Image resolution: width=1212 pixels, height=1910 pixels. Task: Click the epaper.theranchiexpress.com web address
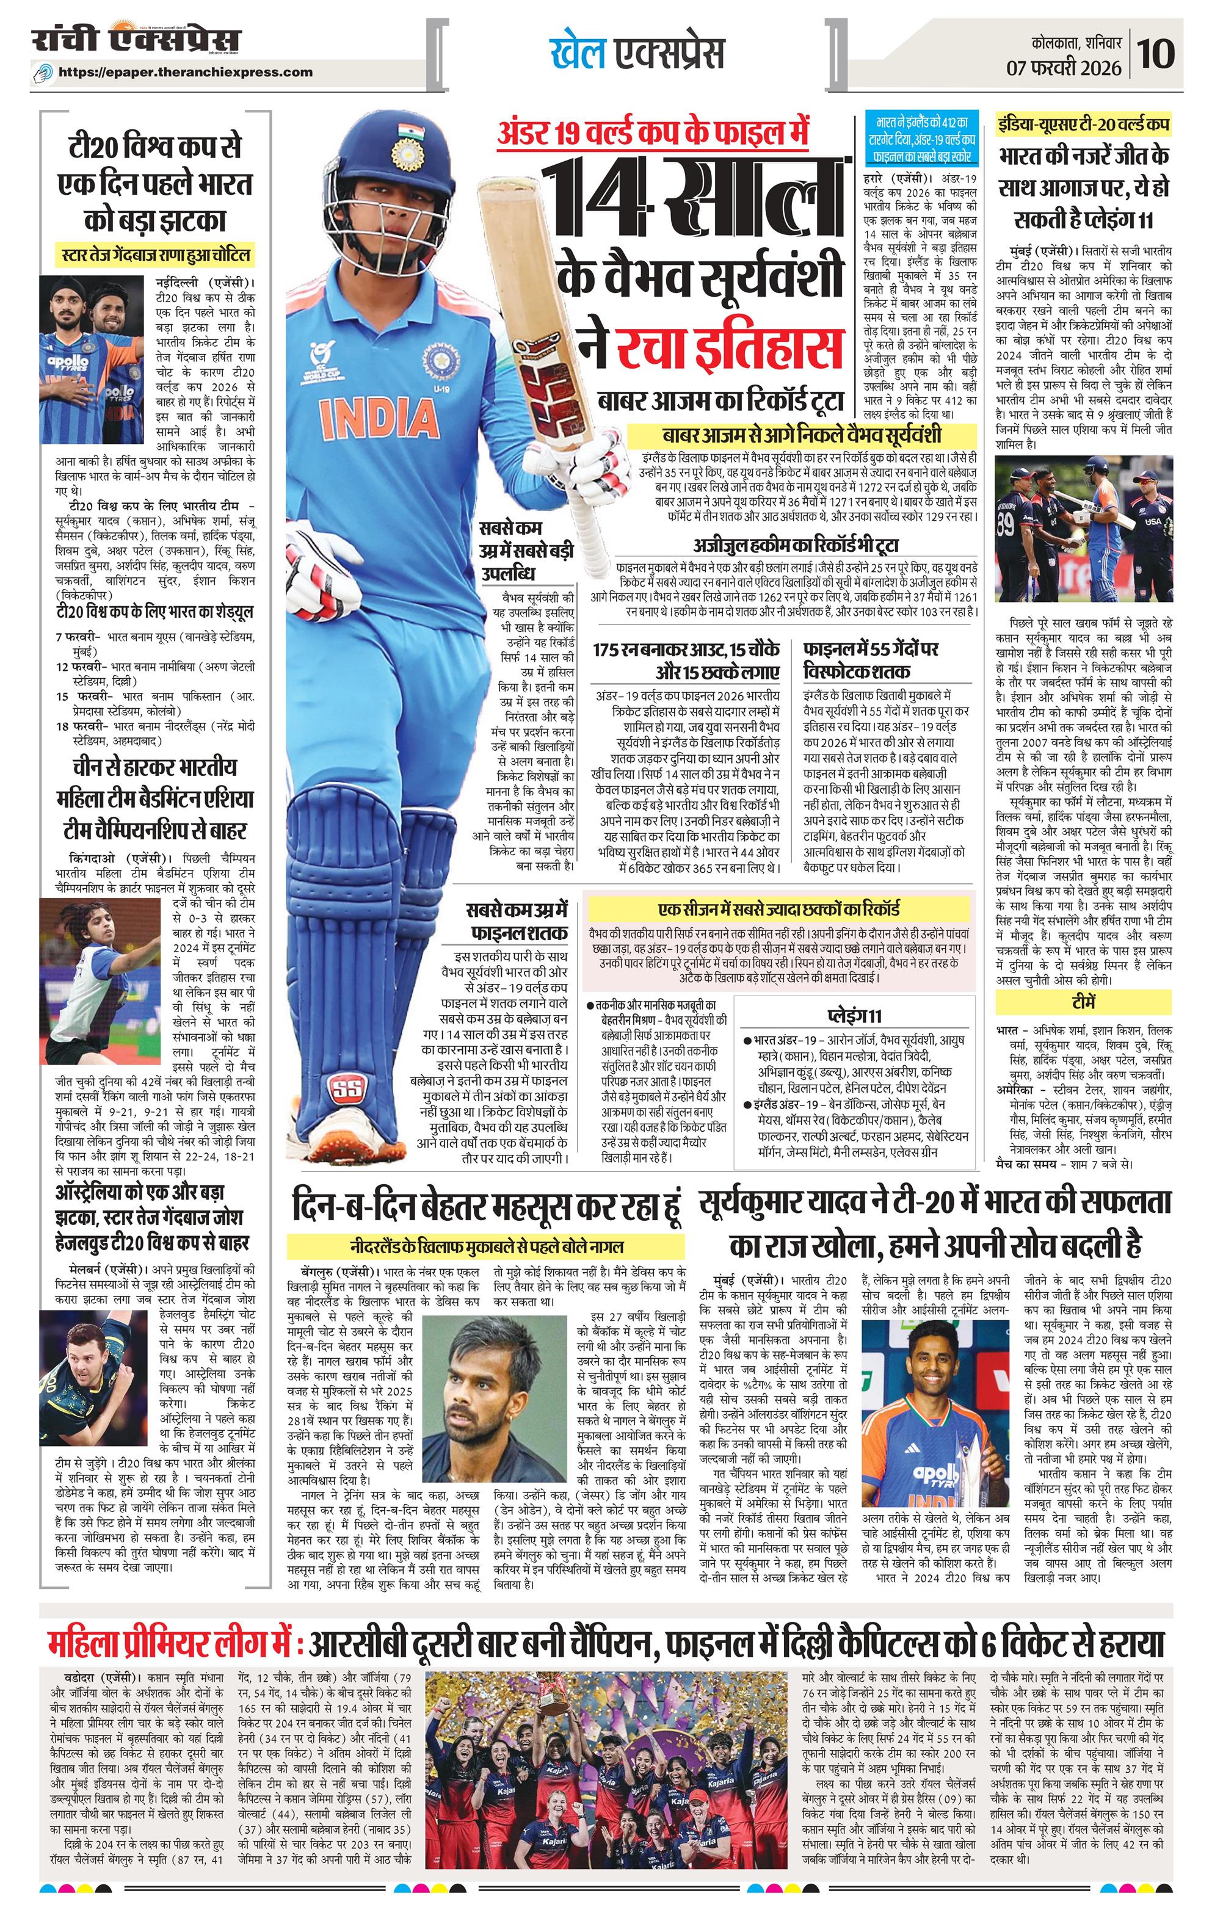click(x=186, y=72)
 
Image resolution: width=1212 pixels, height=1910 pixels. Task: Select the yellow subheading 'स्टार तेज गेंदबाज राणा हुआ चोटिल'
click(x=157, y=255)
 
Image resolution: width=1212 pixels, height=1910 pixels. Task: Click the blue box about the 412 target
click(x=923, y=140)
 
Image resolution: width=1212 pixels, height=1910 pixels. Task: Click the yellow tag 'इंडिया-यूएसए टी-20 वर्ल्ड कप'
click(x=1084, y=125)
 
